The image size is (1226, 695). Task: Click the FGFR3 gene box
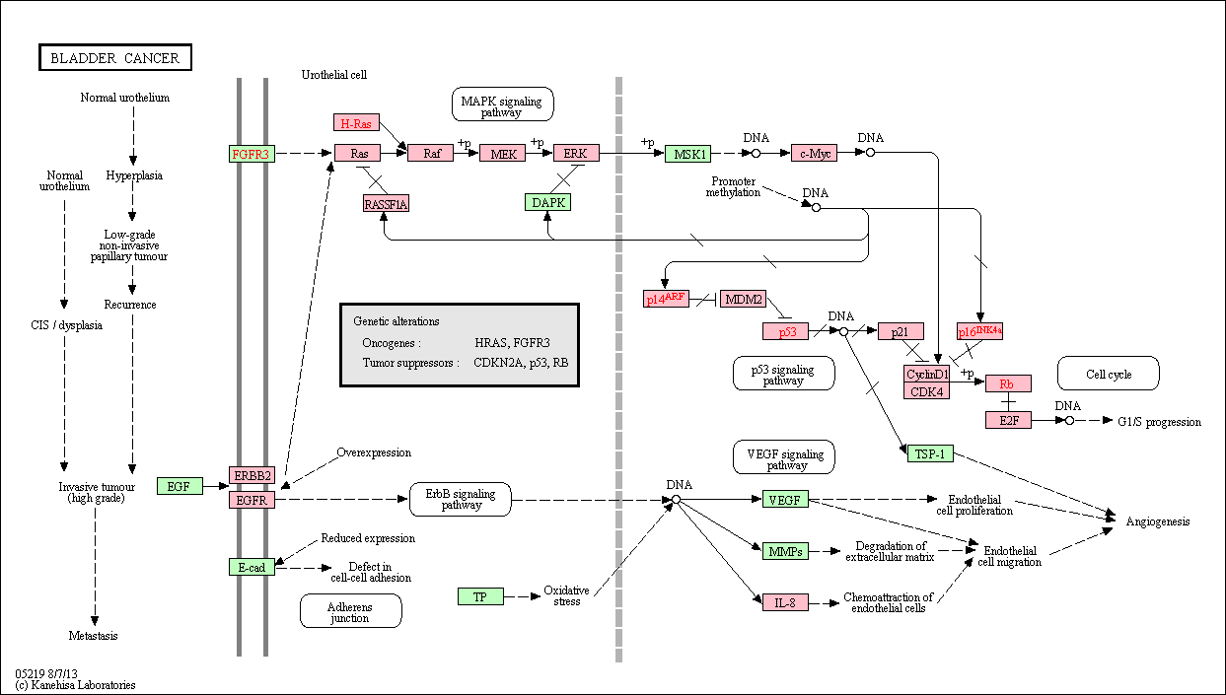[x=252, y=154]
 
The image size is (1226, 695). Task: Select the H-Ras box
[x=356, y=122]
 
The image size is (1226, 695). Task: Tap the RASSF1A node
[x=386, y=204]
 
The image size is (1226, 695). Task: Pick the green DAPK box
[x=547, y=202]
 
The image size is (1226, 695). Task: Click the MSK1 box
[x=688, y=154]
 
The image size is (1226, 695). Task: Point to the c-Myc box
[x=815, y=153]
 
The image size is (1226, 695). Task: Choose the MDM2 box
[x=744, y=299]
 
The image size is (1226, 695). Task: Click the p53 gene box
[x=785, y=331]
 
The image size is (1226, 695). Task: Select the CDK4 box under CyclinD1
[x=926, y=391]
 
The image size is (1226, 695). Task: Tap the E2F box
[x=1009, y=420]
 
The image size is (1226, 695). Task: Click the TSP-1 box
[x=930, y=453]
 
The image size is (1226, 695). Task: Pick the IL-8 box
[x=785, y=602]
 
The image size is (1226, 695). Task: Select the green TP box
[x=480, y=596]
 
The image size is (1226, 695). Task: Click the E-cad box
[x=252, y=567]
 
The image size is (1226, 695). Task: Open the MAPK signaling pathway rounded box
[x=502, y=104]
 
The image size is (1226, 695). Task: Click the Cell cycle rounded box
[x=1109, y=374]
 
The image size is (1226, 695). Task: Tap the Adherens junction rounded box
[x=351, y=611]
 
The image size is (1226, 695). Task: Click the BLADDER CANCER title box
[x=115, y=57]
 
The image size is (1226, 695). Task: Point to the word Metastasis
[x=93, y=635]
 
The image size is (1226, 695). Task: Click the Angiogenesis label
[x=1158, y=521]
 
